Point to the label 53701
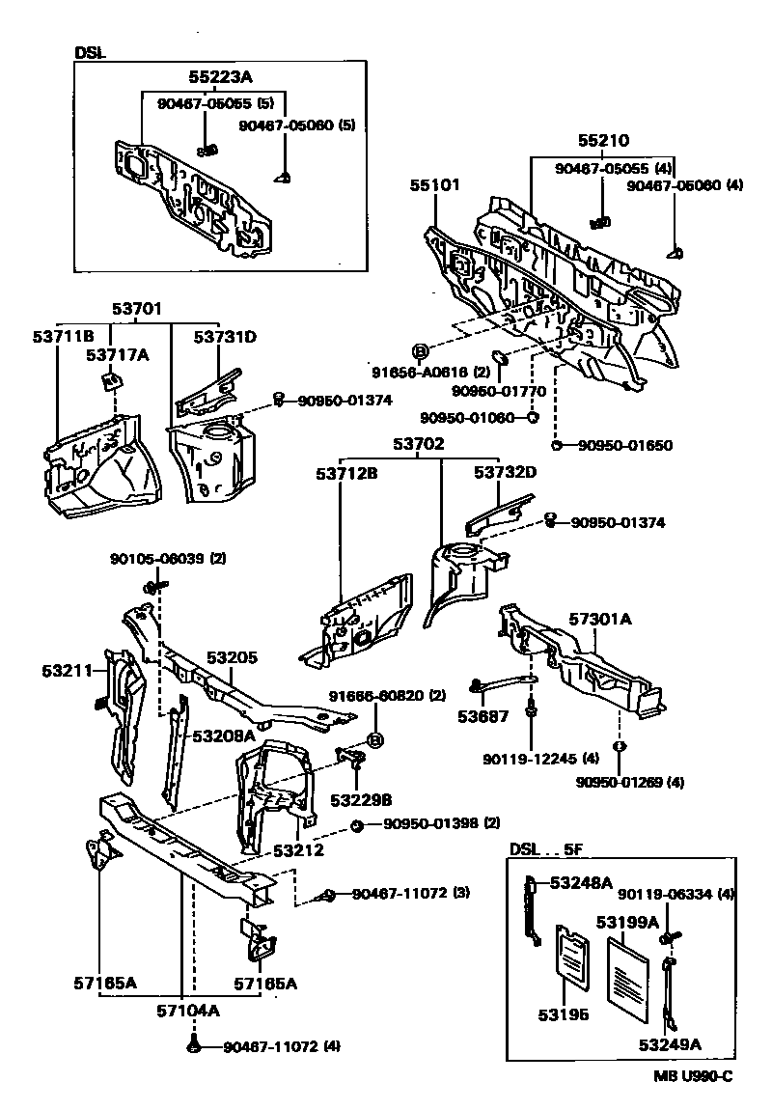pyautogui.click(x=138, y=309)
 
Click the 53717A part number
pyautogui.click(x=117, y=354)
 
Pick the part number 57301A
pyautogui.click(x=598, y=620)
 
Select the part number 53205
pyautogui.click(x=232, y=658)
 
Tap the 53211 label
pyautogui.click(x=69, y=669)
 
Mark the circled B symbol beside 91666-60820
pyautogui.click(x=374, y=741)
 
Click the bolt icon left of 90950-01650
pyautogui.click(x=558, y=445)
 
